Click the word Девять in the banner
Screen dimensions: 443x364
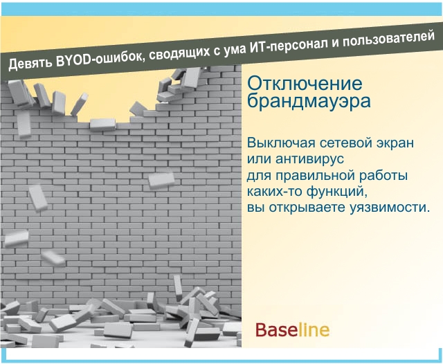coord(30,63)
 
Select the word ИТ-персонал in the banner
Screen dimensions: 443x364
coord(288,45)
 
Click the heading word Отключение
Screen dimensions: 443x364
coord(305,83)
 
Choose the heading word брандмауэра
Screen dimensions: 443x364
coord(309,101)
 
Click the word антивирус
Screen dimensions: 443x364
coord(310,159)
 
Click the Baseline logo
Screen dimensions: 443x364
coord(292,330)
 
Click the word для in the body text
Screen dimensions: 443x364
coord(259,176)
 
